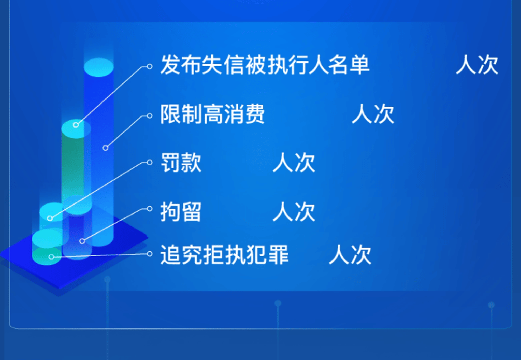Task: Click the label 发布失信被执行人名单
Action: [x=265, y=64]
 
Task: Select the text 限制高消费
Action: [x=212, y=114]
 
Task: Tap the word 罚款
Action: [x=181, y=162]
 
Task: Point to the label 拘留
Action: [x=181, y=212]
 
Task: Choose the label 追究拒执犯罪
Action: [x=224, y=255]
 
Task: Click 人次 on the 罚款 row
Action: [x=294, y=162]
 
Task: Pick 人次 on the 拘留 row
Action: [x=294, y=212]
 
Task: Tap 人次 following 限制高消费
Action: [x=373, y=114]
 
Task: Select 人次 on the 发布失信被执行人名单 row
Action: [x=477, y=64]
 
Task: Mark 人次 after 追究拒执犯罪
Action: [x=350, y=255]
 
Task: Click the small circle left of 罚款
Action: [x=150, y=162]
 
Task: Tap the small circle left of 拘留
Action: [x=150, y=208]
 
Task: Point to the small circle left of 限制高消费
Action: [x=150, y=115]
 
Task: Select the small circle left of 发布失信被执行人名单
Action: [x=150, y=67]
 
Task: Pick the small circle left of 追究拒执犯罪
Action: [x=150, y=254]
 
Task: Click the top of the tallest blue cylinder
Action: [x=99, y=67]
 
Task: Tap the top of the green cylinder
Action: [x=76, y=129]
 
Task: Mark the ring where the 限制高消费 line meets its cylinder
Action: [x=105, y=148]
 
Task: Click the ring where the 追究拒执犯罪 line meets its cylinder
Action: [x=51, y=257]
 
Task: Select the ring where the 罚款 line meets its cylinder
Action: [x=50, y=218]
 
